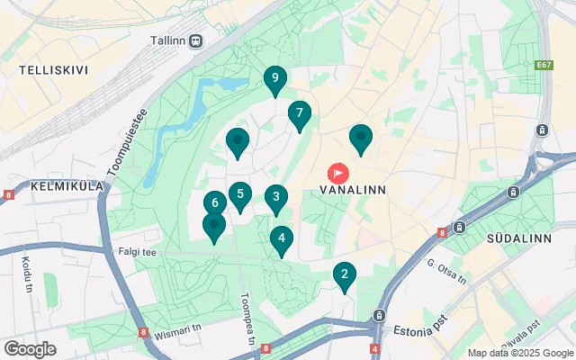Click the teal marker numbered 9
[x=275, y=79]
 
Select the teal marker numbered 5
[x=239, y=194]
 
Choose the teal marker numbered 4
[x=282, y=239]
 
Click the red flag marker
[x=339, y=171]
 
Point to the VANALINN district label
[x=354, y=191]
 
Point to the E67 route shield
[x=543, y=66]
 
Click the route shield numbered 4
[x=374, y=348]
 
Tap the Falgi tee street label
[x=136, y=253]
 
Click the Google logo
[x=30, y=349]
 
